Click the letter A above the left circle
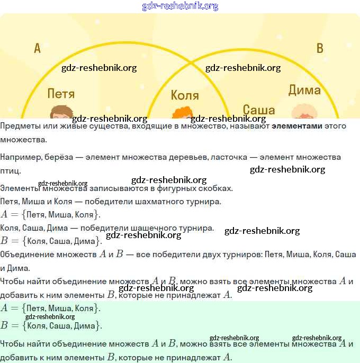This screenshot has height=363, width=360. coord(37,49)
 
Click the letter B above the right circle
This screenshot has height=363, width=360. coord(319,49)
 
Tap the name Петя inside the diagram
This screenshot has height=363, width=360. coord(61,94)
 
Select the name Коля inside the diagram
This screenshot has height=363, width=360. coord(185,96)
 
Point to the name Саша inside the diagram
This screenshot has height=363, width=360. coord(259,110)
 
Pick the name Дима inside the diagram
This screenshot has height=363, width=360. coord(304,90)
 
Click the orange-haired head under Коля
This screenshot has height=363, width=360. coord(183,114)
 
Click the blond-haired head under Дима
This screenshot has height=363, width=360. coord(304,112)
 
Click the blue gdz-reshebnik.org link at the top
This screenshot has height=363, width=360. coord(180,6)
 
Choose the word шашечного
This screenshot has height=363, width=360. coord(144,228)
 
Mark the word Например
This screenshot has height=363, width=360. coord(20,157)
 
